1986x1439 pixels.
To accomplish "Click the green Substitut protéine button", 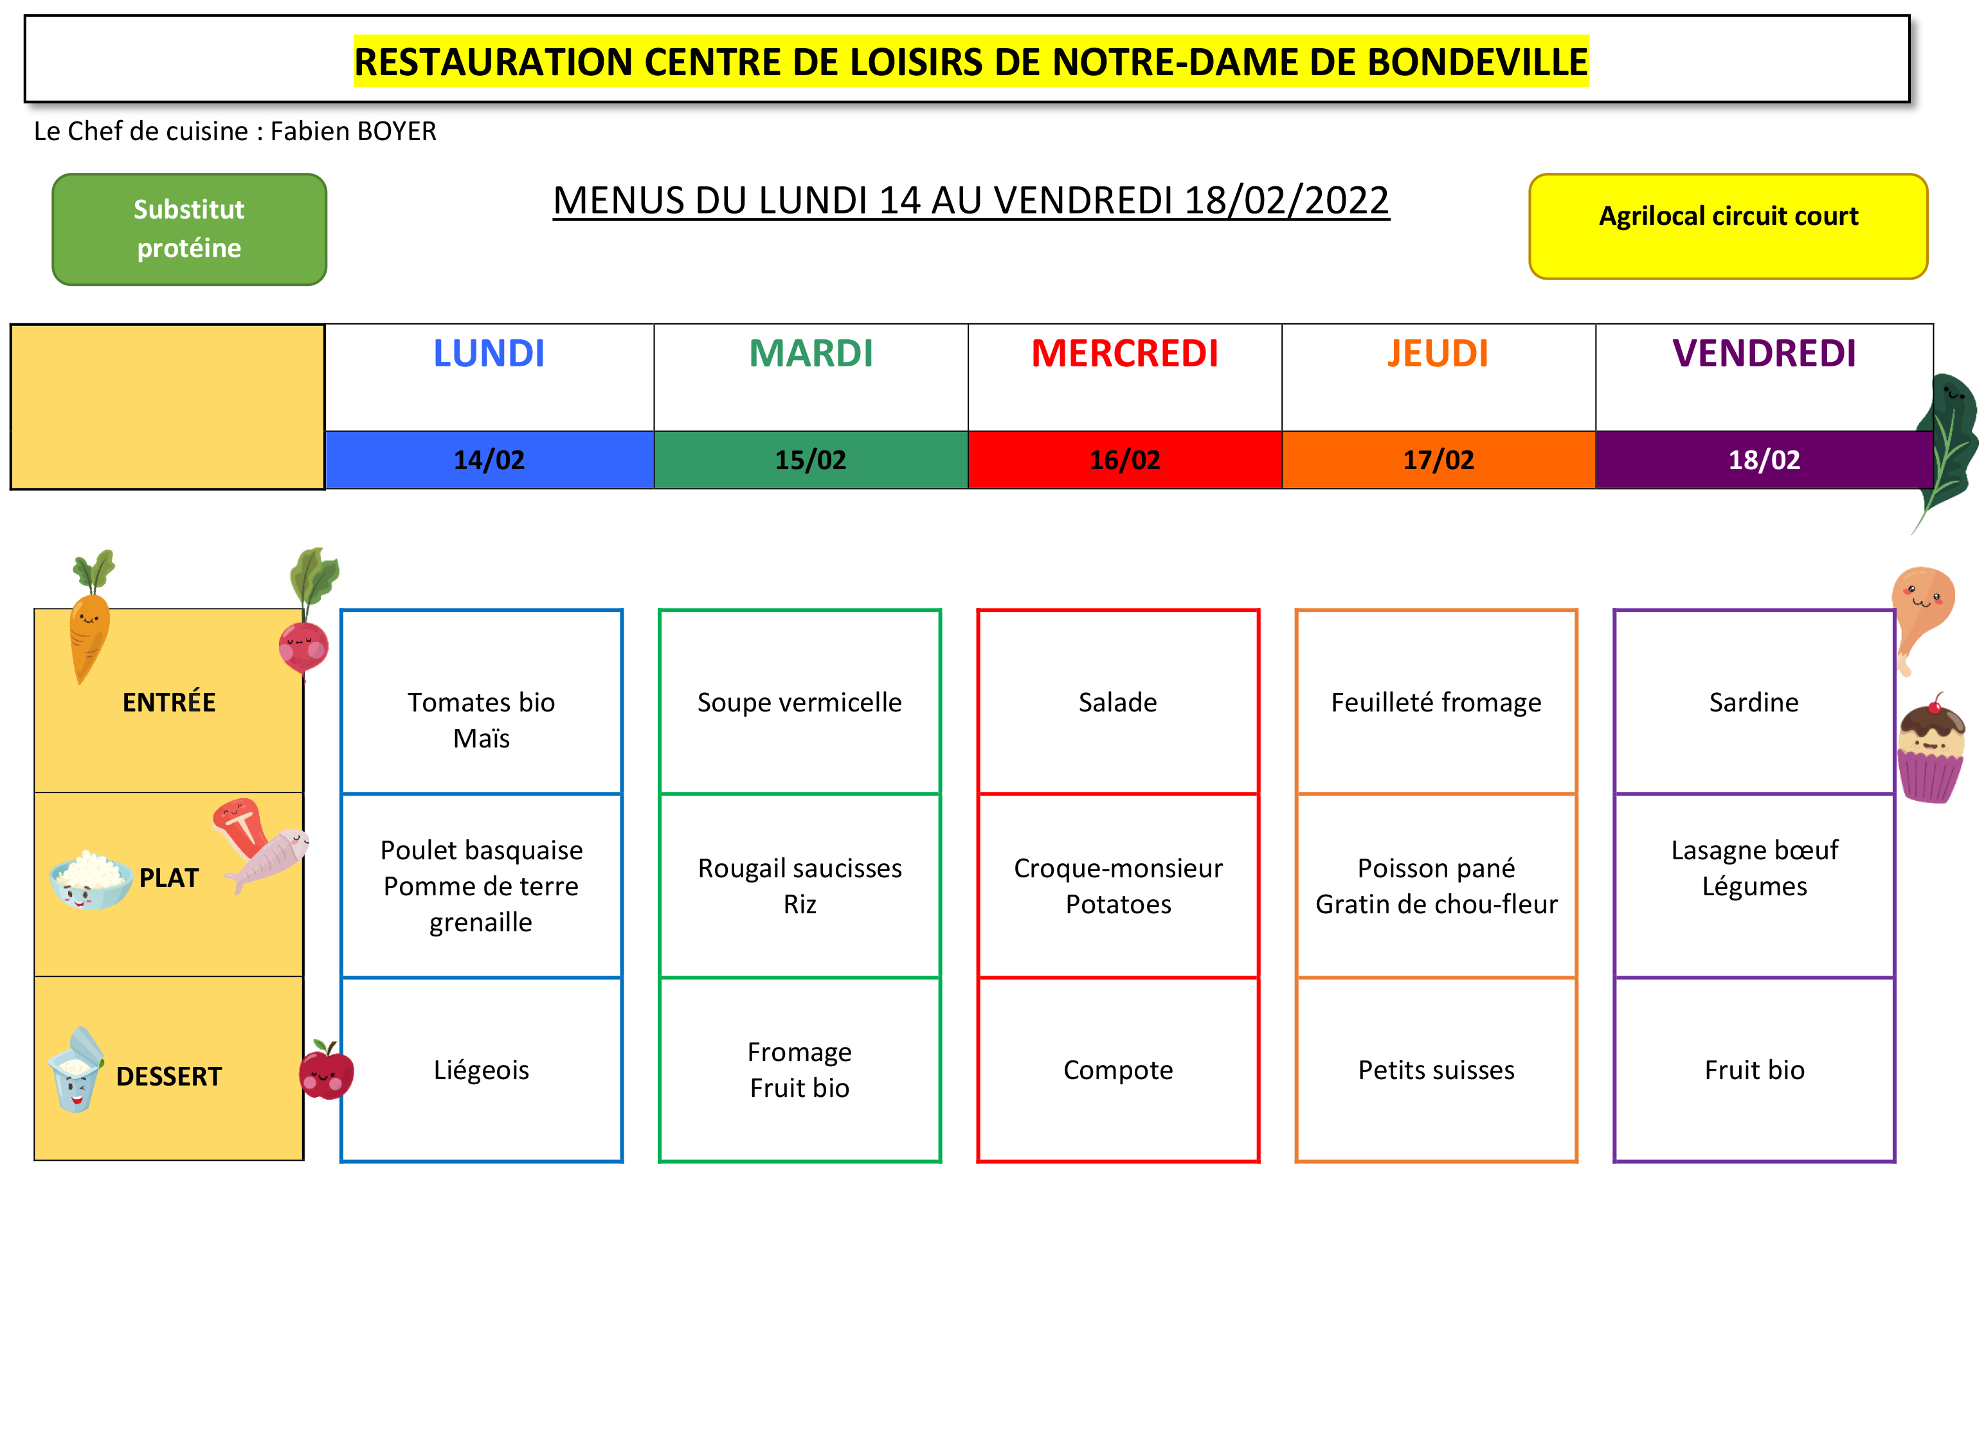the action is tap(189, 229).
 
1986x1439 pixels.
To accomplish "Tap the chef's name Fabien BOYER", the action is tap(353, 131).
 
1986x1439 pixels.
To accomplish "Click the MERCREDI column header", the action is tap(1124, 353).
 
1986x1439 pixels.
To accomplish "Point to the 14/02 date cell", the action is tap(489, 460).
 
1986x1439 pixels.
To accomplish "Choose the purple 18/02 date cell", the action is tap(1764, 460).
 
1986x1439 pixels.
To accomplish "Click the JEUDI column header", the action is tap(1438, 353).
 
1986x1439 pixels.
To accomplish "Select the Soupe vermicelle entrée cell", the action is tap(799, 702).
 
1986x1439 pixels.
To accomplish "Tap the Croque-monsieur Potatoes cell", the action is tap(1118, 886).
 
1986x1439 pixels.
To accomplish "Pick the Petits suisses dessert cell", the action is tap(1436, 1069).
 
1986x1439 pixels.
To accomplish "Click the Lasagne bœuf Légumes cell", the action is tap(1754, 886).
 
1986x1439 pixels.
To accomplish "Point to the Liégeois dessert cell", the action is tap(482, 1069).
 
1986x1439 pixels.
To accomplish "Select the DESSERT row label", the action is tap(169, 1077).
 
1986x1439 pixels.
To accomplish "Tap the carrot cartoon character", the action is tap(90, 617).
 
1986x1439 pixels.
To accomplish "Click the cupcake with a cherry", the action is tap(1932, 749).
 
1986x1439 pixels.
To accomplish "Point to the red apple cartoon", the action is tap(327, 1069).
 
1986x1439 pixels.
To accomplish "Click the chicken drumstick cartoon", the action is tap(1922, 617).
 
